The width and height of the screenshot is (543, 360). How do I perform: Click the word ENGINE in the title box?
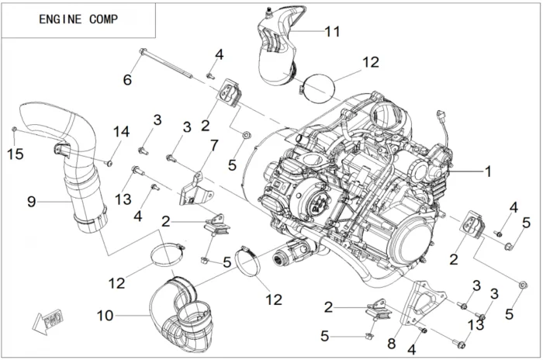[x=61, y=19]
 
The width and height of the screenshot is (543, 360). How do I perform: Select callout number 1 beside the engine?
[x=489, y=173]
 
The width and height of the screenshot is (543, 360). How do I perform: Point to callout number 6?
[x=127, y=78]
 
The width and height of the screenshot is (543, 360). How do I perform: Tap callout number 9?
[x=32, y=202]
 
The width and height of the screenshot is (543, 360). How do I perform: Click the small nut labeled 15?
[x=14, y=129]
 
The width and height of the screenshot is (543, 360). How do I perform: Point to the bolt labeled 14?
[x=109, y=163]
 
